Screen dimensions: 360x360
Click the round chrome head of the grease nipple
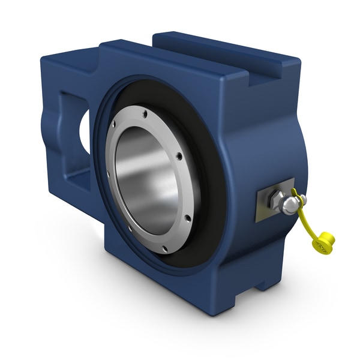click(289, 206)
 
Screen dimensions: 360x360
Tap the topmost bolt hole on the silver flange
click(144, 110)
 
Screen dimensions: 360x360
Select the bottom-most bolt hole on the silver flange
click(164, 247)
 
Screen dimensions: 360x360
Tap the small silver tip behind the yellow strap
click(302, 199)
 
